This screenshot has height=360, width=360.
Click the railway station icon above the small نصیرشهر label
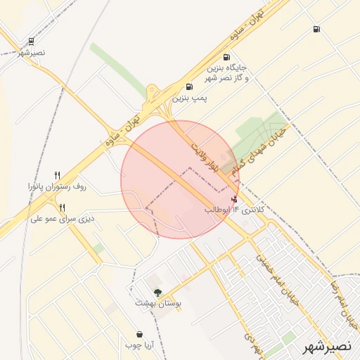point(31,42)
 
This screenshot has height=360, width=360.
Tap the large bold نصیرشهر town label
point(326,347)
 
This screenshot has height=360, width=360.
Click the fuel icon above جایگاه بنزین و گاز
point(226,58)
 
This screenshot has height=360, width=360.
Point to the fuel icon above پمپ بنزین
point(188,87)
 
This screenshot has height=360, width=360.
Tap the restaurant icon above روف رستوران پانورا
point(58,175)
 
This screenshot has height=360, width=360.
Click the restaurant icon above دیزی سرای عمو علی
point(63,207)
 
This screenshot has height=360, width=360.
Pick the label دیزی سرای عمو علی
point(63,219)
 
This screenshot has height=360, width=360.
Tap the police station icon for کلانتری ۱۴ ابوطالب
point(234,199)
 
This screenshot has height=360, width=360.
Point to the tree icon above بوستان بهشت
point(157,292)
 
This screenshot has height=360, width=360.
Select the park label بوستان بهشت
point(160,304)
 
